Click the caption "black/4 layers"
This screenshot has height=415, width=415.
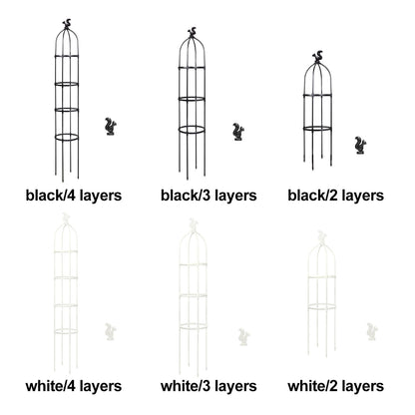pyautogui.click(x=74, y=196)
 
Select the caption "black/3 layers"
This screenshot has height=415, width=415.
pyautogui.click(x=208, y=196)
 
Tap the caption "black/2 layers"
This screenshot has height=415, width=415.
pyautogui.click(x=335, y=196)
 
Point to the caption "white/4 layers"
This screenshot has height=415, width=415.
pyautogui.click(x=74, y=386)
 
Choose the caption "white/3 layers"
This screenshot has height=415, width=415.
pyautogui.click(x=208, y=386)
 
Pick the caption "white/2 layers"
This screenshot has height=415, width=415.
pyautogui.click(x=335, y=386)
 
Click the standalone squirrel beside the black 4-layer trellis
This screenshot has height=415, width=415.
pyautogui.click(x=111, y=127)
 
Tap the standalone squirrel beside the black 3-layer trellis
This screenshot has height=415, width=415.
pyautogui.click(x=238, y=132)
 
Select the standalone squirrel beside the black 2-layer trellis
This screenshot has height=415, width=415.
pyautogui.click(x=360, y=146)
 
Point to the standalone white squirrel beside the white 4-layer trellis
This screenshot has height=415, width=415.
pyautogui.click(x=111, y=332)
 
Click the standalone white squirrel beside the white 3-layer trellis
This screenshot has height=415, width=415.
pyautogui.click(x=243, y=337)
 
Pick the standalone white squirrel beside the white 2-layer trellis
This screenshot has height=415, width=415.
pyautogui.click(x=372, y=331)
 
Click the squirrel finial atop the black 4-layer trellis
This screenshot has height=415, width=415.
pyautogui.click(x=67, y=24)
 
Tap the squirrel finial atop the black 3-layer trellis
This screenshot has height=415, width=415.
pyautogui.click(x=192, y=33)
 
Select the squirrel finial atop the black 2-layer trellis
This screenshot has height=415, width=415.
pyautogui.click(x=317, y=57)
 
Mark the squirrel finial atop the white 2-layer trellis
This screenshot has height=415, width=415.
pyautogui.click(x=321, y=236)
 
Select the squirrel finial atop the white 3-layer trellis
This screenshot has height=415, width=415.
pyautogui.click(x=193, y=224)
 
